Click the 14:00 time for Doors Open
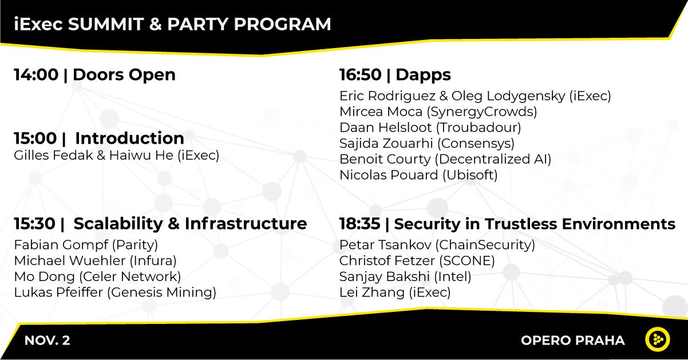[36, 74]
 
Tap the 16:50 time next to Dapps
[360, 74]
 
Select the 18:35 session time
[359, 224]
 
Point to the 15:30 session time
[34, 224]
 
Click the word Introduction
[129, 139]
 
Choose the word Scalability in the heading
[118, 224]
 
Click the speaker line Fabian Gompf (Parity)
[86, 245]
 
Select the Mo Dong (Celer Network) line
[97, 277]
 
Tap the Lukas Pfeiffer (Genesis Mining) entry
[115, 292]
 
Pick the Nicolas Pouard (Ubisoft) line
[418, 175]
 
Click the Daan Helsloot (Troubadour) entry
[430, 128]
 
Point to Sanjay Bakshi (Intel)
[405, 277]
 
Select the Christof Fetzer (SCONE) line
[417, 261]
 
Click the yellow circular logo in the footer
[657, 339]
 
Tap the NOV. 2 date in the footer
[48, 341]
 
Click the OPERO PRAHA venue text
[573, 341]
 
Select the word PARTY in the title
[197, 24]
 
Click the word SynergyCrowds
[482, 112]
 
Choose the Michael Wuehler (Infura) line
[95, 261]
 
